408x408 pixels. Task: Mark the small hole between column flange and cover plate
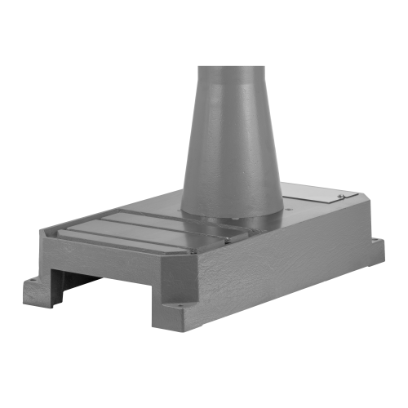[x=291, y=206]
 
